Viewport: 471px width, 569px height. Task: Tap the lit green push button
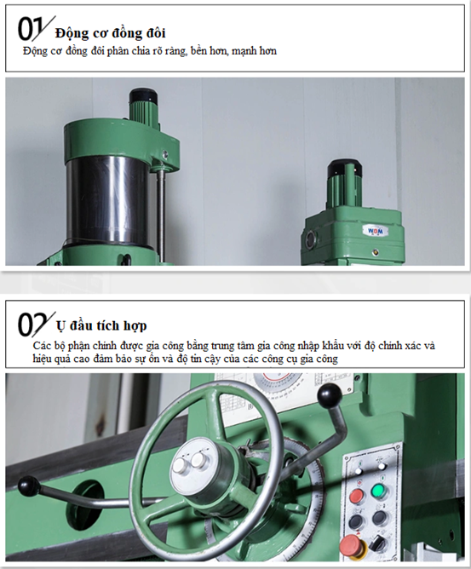tap(378, 492)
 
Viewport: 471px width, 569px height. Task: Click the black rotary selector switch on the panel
tap(376, 544)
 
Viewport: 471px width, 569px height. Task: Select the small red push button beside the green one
tap(356, 496)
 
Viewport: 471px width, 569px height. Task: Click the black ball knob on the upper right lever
tap(330, 394)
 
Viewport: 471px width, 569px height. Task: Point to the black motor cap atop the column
tap(145, 97)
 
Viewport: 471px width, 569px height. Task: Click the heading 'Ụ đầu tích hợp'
tap(101, 325)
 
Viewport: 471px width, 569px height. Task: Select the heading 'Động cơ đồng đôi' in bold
tap(111, 33)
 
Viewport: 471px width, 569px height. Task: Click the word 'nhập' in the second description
tap(308, 347)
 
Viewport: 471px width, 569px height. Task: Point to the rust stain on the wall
tap(101, 424)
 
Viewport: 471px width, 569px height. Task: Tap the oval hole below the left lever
tap(87, 500)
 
